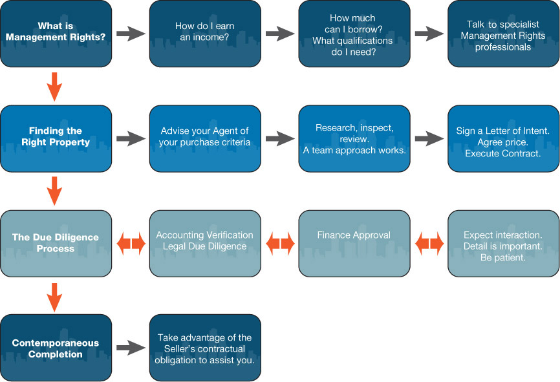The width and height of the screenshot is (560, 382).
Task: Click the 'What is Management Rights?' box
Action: click(56, 34)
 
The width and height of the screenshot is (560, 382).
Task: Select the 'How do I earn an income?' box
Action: click(205, 34)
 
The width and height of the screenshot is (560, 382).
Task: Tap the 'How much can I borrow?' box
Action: click(354, 34)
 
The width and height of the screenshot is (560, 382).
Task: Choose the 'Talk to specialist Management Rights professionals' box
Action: click(503, 34)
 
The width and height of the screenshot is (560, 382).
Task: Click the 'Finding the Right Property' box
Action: click(56, 138)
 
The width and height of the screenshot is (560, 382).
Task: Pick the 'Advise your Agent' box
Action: click(205, 138)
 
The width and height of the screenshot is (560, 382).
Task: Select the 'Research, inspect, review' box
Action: click(354, 138)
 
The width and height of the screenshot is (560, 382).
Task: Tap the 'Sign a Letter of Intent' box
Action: click(503, 138)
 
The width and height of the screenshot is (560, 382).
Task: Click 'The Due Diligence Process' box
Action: click(56, 243)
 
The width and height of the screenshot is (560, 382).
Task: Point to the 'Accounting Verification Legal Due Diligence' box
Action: click(205, 243)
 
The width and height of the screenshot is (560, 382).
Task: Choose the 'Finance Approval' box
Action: click(354, 243)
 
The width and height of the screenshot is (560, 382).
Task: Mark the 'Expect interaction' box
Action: click(503, 243)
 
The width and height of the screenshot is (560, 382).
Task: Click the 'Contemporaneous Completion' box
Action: click(56, 348)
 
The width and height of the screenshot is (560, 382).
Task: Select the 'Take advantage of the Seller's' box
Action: click(205, 348)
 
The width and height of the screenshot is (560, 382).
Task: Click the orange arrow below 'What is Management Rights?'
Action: click(55, 86)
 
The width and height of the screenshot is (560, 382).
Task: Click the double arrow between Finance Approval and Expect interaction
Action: click(429, 244)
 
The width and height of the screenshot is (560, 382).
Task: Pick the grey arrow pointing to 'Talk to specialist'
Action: click(429, 34)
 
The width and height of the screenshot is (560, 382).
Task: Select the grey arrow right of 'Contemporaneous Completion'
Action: click(131, 348)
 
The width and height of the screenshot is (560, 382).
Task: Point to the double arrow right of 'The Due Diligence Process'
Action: click(131, 244)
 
